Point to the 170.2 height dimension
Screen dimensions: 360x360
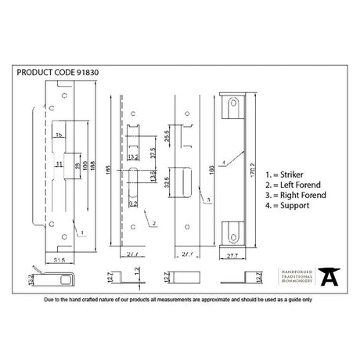click(x=261, y=166)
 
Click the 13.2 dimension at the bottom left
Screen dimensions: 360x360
click(x=31, y=278)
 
